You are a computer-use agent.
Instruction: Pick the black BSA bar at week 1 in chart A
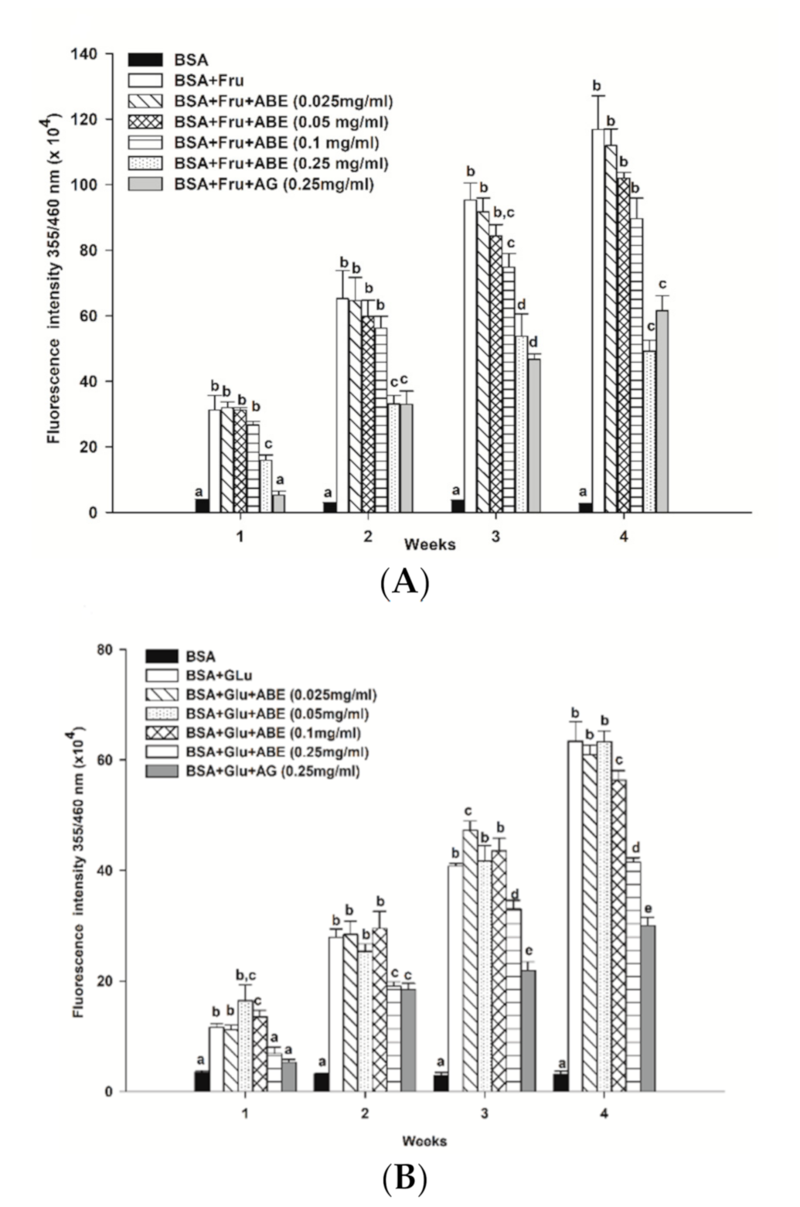pyautogui.click(x=202, y=506)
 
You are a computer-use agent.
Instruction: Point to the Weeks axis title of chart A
pyautogui.click(x=430, y=544)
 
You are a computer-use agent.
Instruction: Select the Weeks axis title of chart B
pyautogui.click(x=424, y=1141)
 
